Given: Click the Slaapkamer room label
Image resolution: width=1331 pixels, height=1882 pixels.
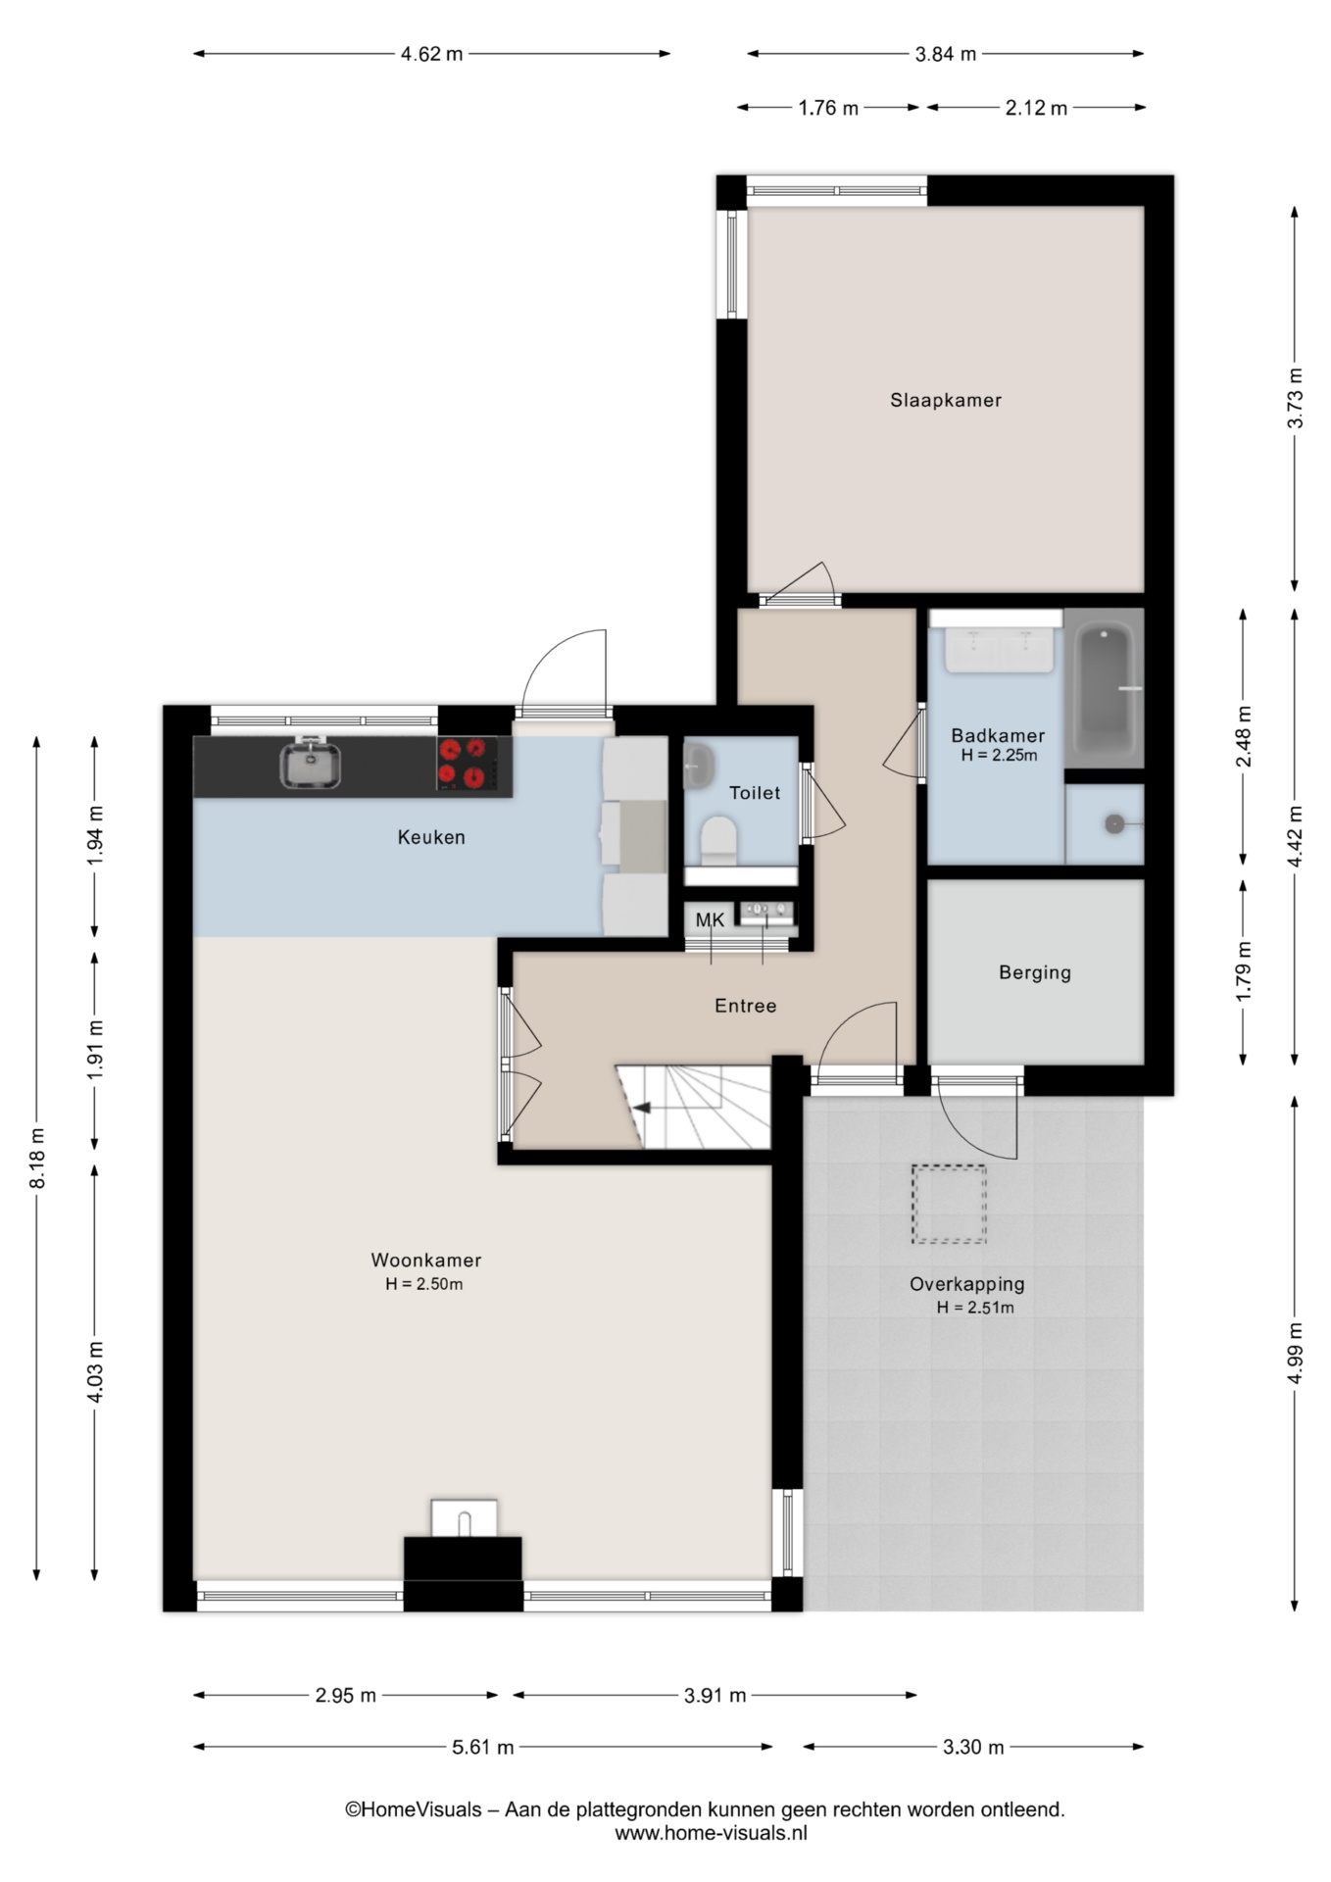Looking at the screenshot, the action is click(946, 400).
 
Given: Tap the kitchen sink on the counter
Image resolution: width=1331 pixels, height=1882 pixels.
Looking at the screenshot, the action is click(310, 764).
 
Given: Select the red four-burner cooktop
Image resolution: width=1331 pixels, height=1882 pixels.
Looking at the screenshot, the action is click(464, 764).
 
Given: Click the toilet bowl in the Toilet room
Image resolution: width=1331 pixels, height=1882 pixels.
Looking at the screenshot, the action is click(719, 842).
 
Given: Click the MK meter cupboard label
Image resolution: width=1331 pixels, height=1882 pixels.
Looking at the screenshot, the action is click(710, 919).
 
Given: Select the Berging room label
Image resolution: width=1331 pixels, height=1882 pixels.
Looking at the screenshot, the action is click(1035, 972).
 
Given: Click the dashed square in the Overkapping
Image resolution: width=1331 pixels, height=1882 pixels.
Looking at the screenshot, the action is click(949, 1204).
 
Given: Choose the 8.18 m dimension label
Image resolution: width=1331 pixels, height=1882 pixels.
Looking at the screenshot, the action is click(38, 1158).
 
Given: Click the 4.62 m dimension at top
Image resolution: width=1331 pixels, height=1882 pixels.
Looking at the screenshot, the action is click(431, 54).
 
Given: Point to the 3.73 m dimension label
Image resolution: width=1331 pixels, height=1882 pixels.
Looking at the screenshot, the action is click(1296, 397).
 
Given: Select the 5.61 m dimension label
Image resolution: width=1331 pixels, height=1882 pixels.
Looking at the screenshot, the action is click(483, 1747).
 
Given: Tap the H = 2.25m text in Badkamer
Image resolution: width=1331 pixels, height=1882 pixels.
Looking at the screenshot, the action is click(999, 755).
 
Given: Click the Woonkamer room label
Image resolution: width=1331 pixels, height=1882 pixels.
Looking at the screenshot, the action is click(426, 1261).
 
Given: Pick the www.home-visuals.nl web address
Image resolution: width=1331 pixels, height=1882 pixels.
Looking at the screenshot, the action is click(712, 1833).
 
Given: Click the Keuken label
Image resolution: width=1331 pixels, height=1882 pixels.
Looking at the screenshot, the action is click(431, 837).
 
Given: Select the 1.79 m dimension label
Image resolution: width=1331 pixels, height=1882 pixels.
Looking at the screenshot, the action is click(1244, 970).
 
